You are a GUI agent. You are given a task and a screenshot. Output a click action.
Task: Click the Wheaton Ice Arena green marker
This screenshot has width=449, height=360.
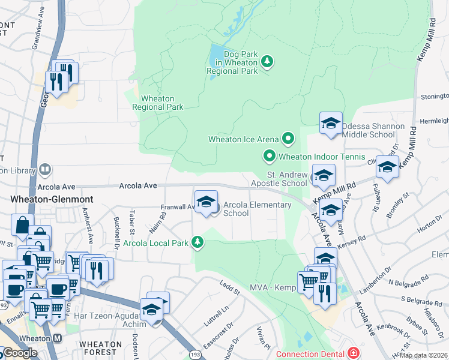click(289, 139)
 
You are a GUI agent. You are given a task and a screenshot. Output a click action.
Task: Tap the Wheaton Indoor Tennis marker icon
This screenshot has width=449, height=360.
click(270, 157)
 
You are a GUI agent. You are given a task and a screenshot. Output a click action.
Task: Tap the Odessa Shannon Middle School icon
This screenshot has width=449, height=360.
click(330, 124)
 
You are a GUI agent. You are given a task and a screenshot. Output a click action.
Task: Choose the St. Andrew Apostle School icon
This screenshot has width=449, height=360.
click(323, 176)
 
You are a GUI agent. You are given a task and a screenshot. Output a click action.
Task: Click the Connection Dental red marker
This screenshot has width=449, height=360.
click(354, 352)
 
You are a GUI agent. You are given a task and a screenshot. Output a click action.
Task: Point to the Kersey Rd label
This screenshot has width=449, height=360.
click(352, 240)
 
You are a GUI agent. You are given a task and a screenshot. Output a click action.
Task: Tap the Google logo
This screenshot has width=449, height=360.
click(20, 353)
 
